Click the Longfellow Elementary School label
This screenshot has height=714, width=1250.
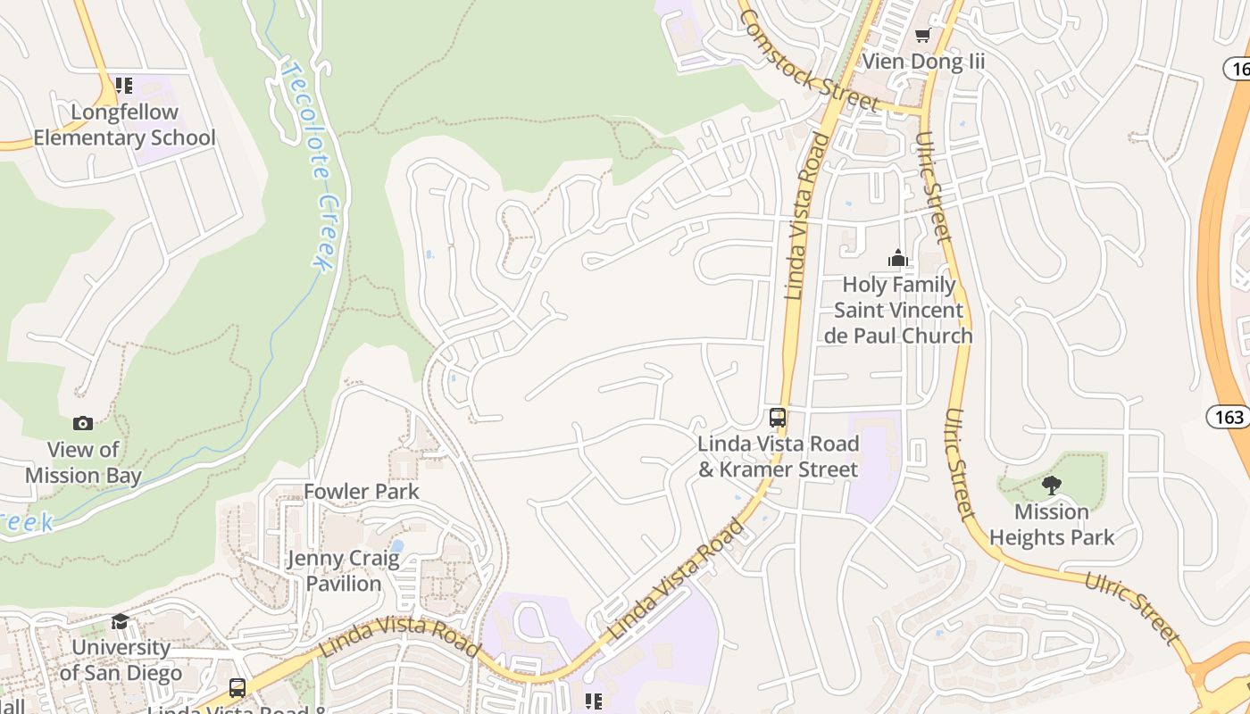[124, 125]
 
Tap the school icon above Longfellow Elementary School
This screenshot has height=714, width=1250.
[123, 86]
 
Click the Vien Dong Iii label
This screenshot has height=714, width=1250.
[922, 62]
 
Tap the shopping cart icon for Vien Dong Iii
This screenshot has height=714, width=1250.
[922, 35]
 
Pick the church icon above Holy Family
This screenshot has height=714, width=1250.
[897, 259]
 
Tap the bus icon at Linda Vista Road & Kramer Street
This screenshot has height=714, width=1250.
[778, 417]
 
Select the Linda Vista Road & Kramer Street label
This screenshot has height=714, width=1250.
[778, 456]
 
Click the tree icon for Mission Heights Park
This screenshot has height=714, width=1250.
[1052, 486]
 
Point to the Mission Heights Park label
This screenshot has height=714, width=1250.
[1052, 525]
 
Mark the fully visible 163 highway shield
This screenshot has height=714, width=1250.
[1229, 416]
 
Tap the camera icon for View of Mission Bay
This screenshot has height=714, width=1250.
[83, 423]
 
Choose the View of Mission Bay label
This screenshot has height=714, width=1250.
[83, 462]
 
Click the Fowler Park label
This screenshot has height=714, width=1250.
[362, 492]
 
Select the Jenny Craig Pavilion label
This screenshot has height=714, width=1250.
[344, 571]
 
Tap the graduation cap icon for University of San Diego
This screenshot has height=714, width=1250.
[120, 621]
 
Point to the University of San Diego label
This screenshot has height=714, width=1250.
[121, 660]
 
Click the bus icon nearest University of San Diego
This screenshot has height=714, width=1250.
[237, 688]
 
